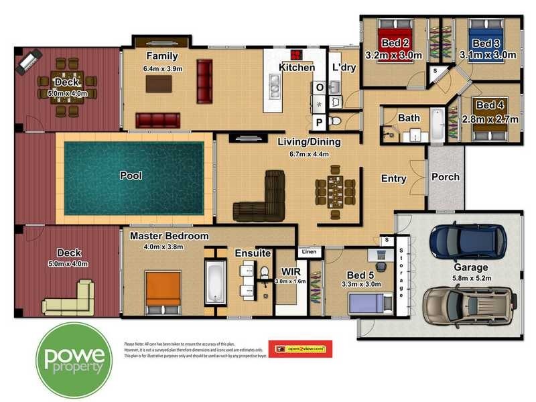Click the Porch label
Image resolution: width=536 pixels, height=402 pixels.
(445, 177)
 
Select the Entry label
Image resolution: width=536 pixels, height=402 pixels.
(393, 178)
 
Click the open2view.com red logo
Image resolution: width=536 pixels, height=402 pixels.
(300, 348)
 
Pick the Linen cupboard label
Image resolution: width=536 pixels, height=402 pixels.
(309, 252)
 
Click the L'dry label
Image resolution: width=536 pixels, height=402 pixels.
(344, 68)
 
